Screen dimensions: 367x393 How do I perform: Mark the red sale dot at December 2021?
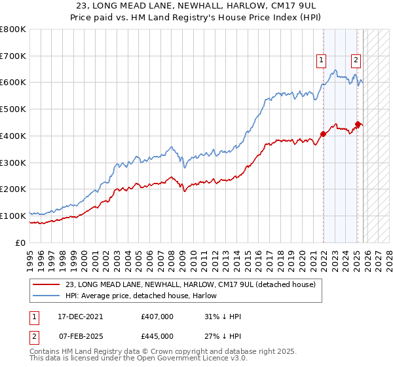(x=323, y=134)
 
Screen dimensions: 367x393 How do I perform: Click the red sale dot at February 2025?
(x=358, y=124)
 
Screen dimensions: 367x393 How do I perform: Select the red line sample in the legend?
(x=47, y=284)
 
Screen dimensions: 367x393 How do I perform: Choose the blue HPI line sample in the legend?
(x=47, y=296)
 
